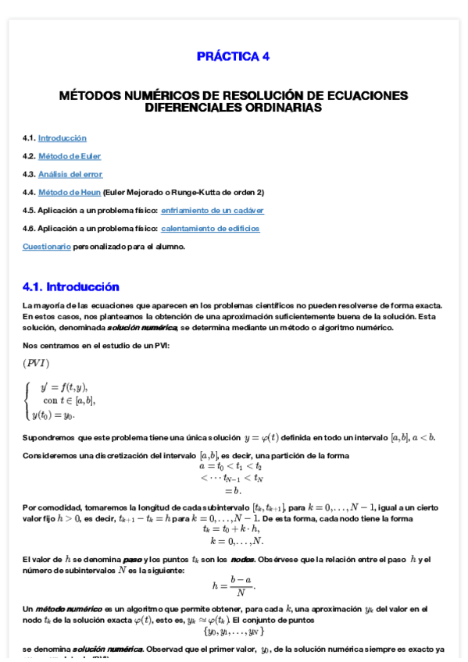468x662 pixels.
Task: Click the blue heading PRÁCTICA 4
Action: (x=233, y=56)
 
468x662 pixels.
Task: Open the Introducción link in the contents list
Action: (x=62, y=138)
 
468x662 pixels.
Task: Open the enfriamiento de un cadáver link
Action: (x=212, y=210)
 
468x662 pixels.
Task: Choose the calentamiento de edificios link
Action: (x=210, y=228)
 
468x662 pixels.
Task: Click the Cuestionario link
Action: (x=46, y=246)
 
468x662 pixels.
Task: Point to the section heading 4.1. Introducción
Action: (x=71, y=287)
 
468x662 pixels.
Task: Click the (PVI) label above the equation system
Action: (x=37, y=363)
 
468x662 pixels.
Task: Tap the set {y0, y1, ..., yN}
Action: (x=233, y=631)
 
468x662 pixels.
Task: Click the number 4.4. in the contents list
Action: (x=29, y=192)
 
